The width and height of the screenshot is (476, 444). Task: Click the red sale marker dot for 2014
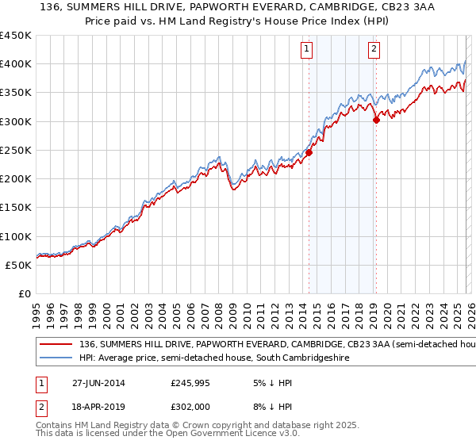click(309, 153)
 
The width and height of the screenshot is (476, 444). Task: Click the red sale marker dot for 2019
click(376, 121)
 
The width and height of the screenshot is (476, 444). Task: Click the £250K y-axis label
click(16, 150)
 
